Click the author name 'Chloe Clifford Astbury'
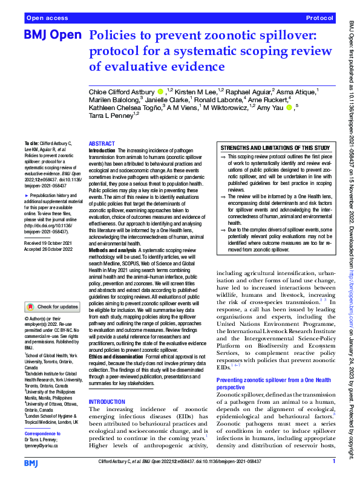(120, 91)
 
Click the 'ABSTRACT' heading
(101, 144)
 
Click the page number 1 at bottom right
(333, 462)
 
